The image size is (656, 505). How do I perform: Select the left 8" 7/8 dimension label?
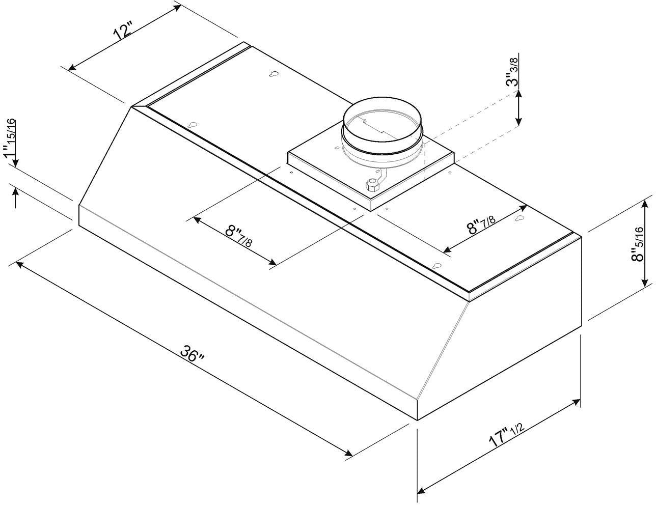[x=238, y=235]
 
